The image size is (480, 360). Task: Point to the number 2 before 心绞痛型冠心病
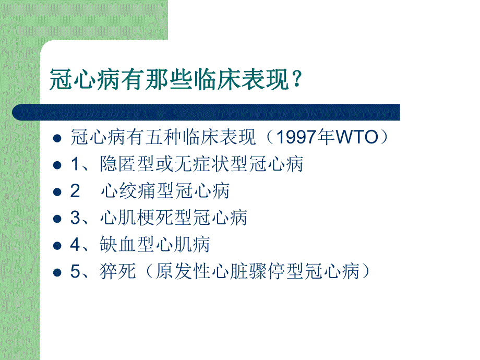[x=75, y=191]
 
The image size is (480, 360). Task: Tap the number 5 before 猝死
[x=75, y=272]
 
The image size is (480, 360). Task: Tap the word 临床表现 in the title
[x=242, y=80]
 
